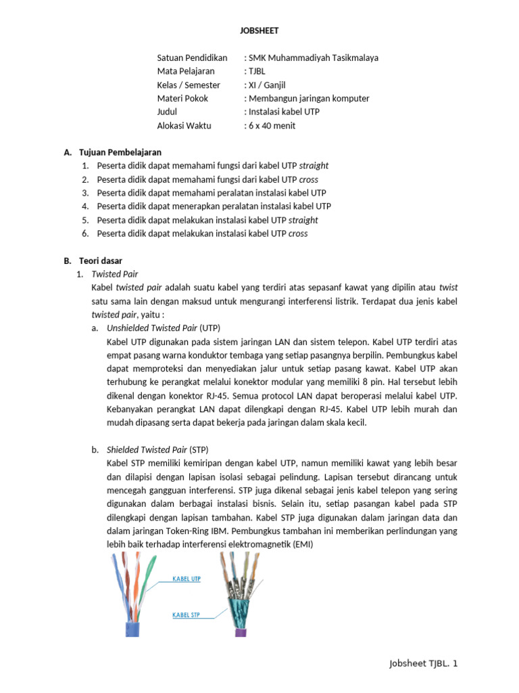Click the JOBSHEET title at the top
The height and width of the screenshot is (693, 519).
[x=259, y=30]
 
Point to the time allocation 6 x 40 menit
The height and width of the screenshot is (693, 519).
[x=272, y=125]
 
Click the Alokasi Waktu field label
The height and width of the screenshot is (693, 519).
[x=184, y=125]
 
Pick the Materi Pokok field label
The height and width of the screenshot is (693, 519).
[x=182, y=98]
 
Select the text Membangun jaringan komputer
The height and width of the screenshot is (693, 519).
[x=309, y=98]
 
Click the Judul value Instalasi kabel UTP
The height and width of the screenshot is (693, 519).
[x=284, y=112]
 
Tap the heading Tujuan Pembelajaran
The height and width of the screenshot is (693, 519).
[x=120, y=152]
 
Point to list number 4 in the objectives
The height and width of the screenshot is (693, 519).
[x=85, y=206]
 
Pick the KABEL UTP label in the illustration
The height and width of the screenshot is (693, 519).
[x=187, y=579]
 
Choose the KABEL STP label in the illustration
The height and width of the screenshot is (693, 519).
[x=187, y=615]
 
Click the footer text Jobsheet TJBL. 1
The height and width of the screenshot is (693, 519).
[x=424, y=664]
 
